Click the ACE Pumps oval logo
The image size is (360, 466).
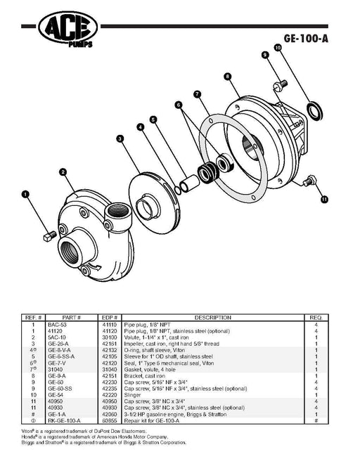[x=67, y=27]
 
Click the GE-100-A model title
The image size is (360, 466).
[x=306, y=39]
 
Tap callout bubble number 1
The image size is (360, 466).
[x=25, y=195]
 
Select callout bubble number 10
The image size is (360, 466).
[x=278, y=48]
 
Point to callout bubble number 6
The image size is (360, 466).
[x=179, y=105]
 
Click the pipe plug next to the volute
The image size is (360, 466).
[x=50, y=236]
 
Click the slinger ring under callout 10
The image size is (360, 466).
[x=315, y=112]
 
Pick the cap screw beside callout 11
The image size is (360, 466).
[x=309, y=181]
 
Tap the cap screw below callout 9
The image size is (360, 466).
[x=280, y=84]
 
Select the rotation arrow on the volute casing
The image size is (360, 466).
[x=95, y=267]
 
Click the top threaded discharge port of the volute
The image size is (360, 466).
[x=118, y=212]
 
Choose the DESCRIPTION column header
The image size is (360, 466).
[x=212, y=318]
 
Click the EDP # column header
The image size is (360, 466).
[x=110, y=318]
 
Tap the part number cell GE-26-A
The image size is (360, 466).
[x=58, y=344]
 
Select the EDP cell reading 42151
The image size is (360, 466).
[x=110, y=376]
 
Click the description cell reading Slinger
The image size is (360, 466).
[x=133, y=395]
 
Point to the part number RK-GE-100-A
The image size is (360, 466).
[x=64, y=421]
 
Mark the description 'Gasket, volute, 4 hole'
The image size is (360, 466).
[x=150, y=370]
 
